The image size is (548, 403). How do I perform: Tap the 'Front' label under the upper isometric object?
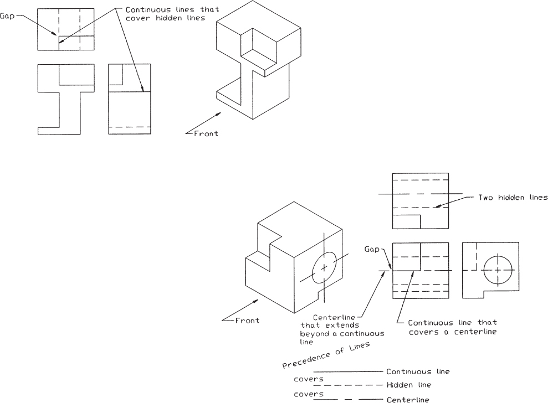[206, 133]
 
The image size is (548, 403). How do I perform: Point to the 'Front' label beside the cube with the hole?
[247, 320]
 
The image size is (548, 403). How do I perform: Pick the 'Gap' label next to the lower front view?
[371, 249]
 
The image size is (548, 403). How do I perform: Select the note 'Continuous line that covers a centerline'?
[452, 327]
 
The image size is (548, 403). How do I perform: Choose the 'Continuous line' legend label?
[418, 371]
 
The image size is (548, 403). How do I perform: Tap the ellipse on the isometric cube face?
[324, 267]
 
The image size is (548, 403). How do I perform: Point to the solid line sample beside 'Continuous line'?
[347, 371]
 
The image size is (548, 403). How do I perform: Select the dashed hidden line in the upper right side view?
[130, 127]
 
